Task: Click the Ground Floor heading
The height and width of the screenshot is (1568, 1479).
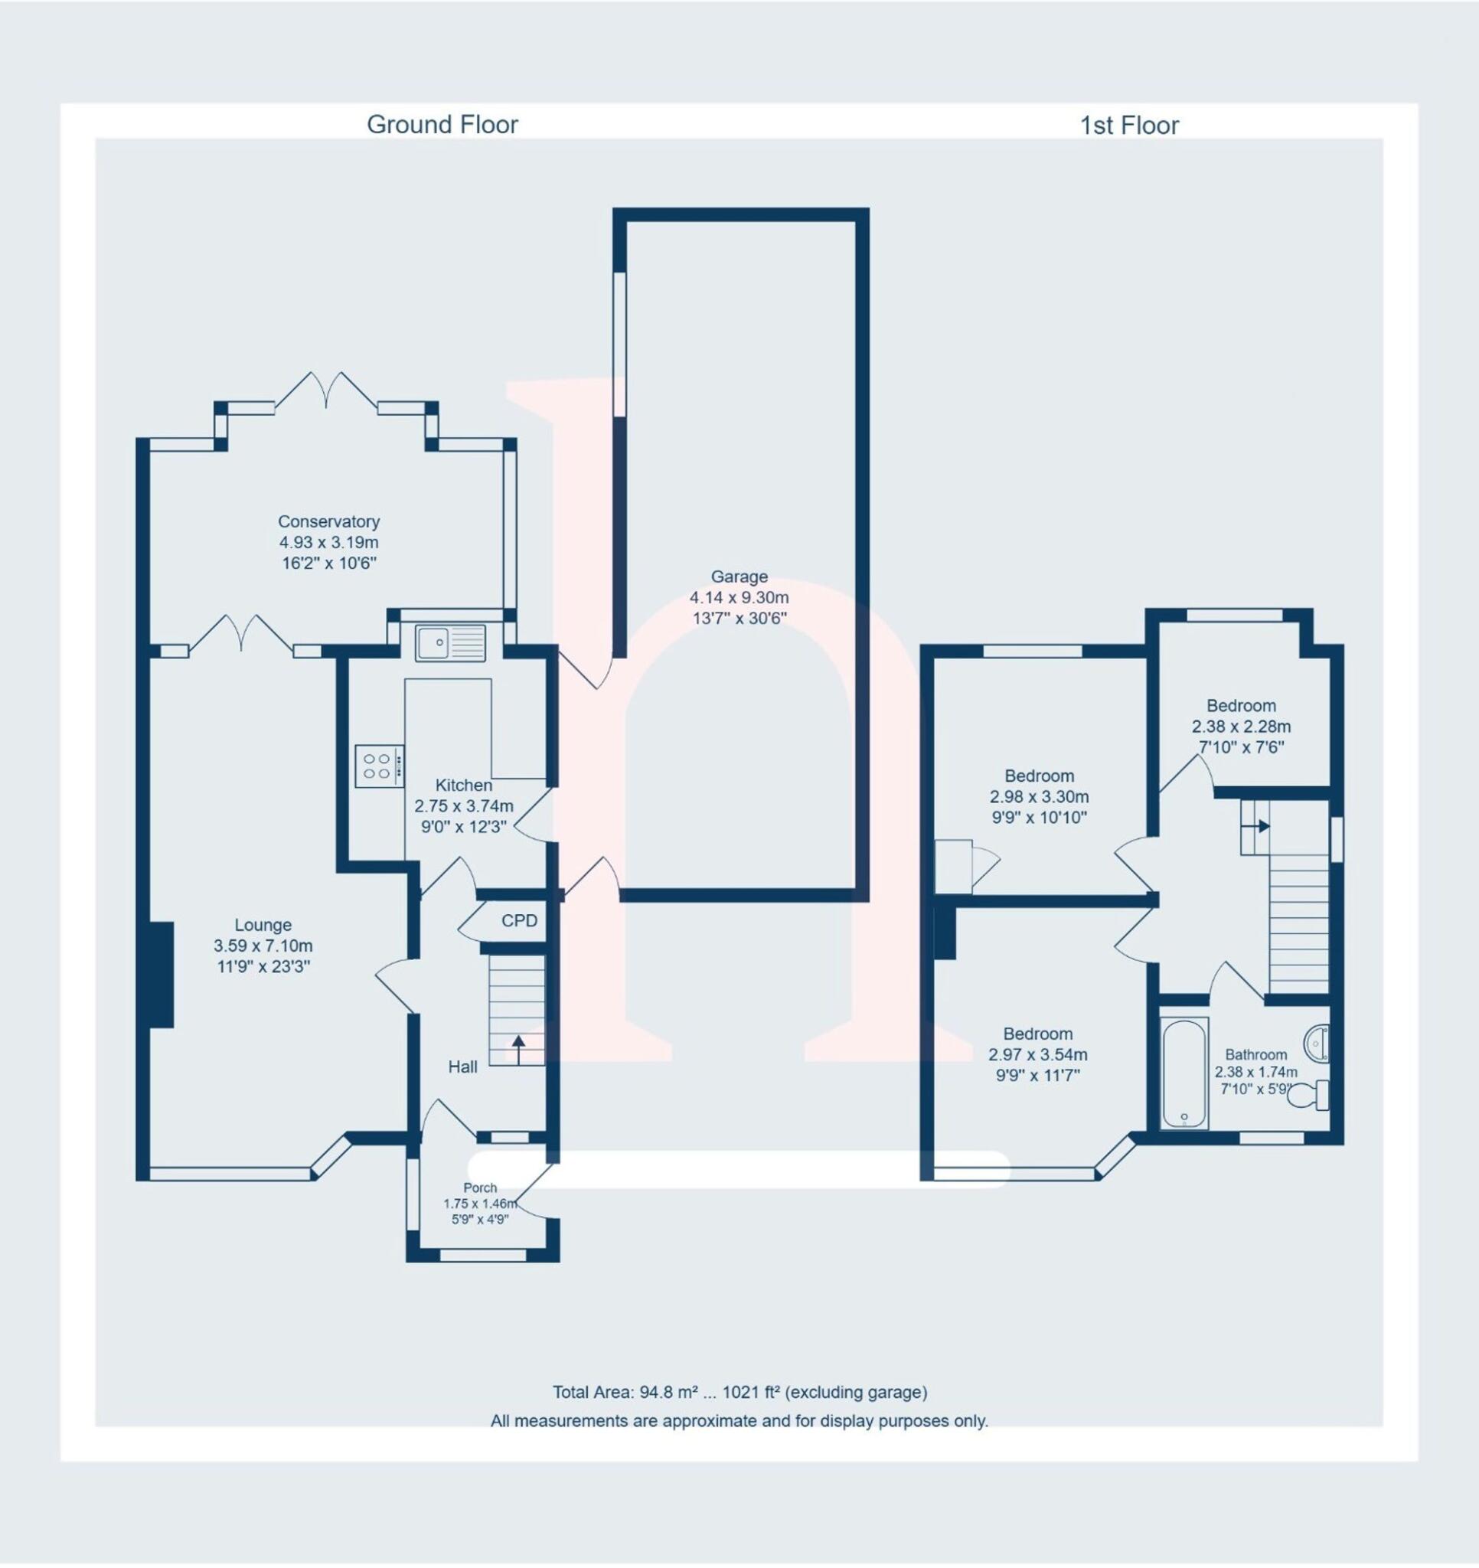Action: (x=442, y=125)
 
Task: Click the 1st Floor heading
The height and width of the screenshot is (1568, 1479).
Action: (x=1129, y=126)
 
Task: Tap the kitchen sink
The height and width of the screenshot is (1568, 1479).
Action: (x=451, y=642)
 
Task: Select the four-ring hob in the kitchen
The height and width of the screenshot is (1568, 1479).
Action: (x=378, y=765)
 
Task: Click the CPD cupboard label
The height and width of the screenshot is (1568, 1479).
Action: (x=519, y=920)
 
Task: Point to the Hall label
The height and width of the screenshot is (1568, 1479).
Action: (x=463, y=1067)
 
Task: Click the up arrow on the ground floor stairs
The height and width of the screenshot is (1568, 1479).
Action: (x=518, y=1050)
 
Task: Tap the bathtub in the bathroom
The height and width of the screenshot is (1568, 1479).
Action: (x=1184, y=1073)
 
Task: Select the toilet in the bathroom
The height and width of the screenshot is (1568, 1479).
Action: (x=1309, y=1096)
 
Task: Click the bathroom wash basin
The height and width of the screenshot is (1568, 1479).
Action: (x=1317, y=1043)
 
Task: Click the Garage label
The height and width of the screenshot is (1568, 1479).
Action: (x=739, y=577)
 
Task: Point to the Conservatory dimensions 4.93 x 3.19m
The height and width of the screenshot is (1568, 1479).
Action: (x=328, y=543)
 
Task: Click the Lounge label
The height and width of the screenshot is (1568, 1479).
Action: (x=263, y=924)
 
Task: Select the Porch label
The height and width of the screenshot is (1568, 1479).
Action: (x=481, y=1187)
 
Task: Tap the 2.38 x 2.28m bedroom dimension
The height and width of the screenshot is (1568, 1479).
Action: (x=1241, y=727)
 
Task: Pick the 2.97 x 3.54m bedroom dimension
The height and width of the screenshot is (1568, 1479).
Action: (x=1037, y=1054)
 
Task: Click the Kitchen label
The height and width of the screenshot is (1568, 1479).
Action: (x=464, y=785)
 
